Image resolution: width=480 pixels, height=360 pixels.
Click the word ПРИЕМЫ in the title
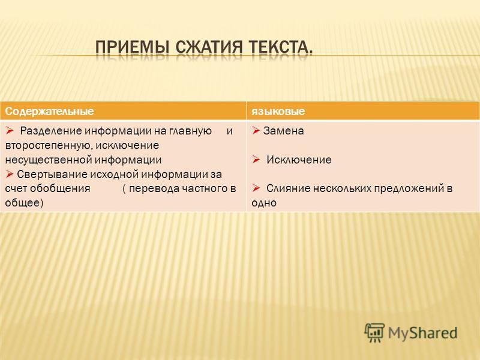tap(132, 47)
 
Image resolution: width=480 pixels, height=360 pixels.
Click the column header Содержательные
tap(49, 111)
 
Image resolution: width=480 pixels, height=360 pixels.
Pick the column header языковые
tap(278, 111)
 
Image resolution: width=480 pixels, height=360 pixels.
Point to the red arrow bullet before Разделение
tap(10, 131)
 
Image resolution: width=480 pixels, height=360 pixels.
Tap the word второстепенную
tap(48, 145)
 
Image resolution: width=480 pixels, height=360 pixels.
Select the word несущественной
tap(48, 160)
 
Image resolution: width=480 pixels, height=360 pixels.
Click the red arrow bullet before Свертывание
tap(10, 174)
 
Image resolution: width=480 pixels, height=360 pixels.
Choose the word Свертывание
tap(52, 174)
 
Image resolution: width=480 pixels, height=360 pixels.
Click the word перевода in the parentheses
tap(154, 188)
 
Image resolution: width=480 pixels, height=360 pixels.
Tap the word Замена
tap(283, 131)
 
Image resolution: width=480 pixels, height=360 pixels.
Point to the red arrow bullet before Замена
tap(256, 131)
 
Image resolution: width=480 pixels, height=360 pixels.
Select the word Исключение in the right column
tap(299, 160)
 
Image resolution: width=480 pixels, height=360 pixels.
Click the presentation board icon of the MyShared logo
tap(374, 332)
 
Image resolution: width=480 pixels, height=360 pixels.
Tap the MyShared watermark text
tap(422, 333)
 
